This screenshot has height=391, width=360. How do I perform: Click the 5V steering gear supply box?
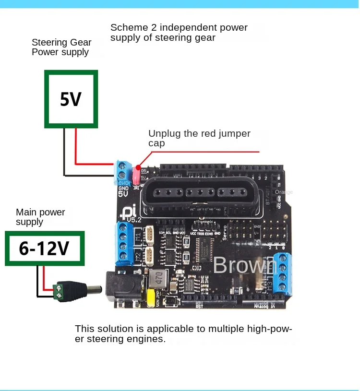[71, 99]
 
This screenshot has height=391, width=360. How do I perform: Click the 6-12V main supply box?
[45, 248]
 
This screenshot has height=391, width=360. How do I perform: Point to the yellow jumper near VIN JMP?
[150, 297]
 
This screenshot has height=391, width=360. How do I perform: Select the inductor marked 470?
[157, 278]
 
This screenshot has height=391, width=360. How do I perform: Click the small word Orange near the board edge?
[284, 192]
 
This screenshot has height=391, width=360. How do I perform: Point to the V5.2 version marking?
[134, 220]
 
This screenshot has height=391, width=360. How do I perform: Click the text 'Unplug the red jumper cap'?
[199, 138]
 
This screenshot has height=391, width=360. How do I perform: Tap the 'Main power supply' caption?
[40, 217]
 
